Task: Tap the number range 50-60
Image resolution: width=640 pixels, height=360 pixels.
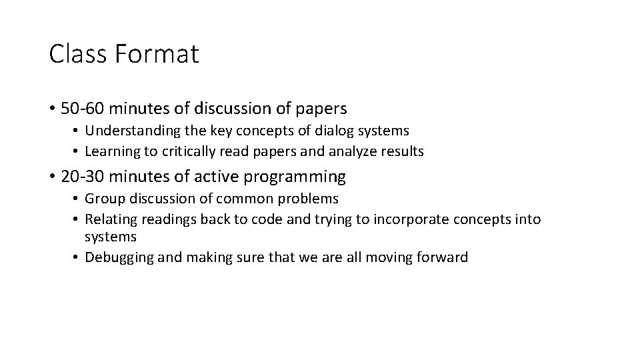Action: pos(83,107)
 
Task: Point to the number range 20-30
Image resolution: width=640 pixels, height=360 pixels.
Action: pos(83,177)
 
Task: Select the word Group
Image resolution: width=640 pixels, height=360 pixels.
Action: pos(103,199)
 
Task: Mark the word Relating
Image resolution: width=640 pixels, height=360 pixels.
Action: pos(109,219)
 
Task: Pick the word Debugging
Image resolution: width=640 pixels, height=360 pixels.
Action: pos(117,257)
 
